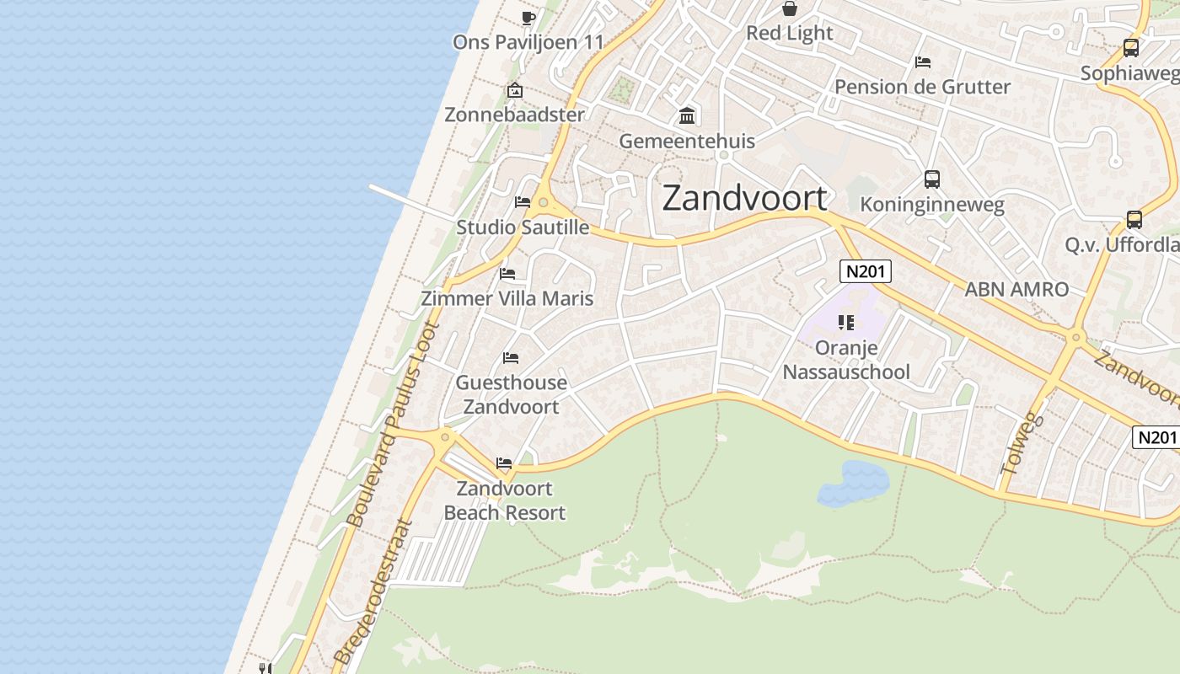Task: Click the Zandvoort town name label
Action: [x=744, y=198]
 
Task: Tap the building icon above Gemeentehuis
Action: [x=687, y=115]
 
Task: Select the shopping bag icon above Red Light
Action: [x=790, y=9]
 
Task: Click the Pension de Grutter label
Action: [x=922, y=87]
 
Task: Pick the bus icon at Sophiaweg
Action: [x=1131, y=49]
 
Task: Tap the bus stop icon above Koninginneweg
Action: [x=931, y=179]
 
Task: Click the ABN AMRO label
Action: [x=1016, y=289]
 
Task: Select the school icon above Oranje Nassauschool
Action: [x=846, y=322]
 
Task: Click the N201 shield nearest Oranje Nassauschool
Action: [x=866, y=271]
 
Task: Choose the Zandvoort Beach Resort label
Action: [x=504, y=500]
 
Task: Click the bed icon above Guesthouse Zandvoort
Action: [x=510, y=358]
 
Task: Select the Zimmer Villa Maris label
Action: [x=507, y=298]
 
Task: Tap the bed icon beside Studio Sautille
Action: [x=523, y=202]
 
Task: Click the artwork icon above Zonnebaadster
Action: [x=514, y=90]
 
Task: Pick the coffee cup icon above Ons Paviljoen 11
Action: [x=528, y=18]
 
